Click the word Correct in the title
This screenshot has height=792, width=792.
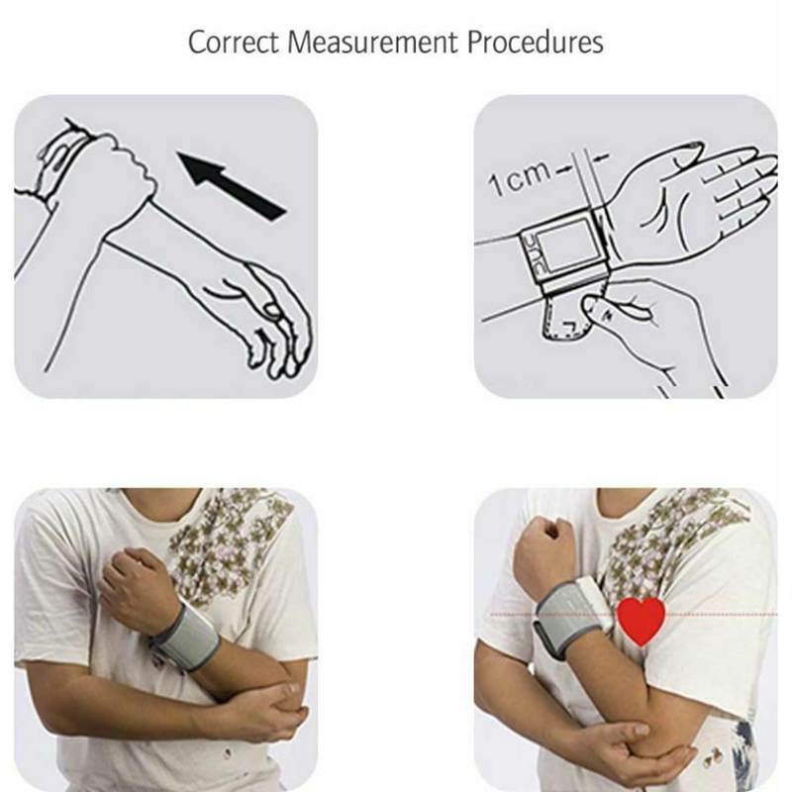click(x=233, y=42)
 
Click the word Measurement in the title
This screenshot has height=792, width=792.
click(x=373, y=42)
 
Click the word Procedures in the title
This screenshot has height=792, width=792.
click(x=535, y=42)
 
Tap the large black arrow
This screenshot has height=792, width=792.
click(x=232, y=185)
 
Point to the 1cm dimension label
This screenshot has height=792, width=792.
click(x=519, y=178)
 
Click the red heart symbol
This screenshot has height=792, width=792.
click(x=641, y=621)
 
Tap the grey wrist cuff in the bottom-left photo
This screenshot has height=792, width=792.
click(x=186, y=639)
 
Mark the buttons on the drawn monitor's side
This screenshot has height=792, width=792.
click(x=531, y=256)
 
